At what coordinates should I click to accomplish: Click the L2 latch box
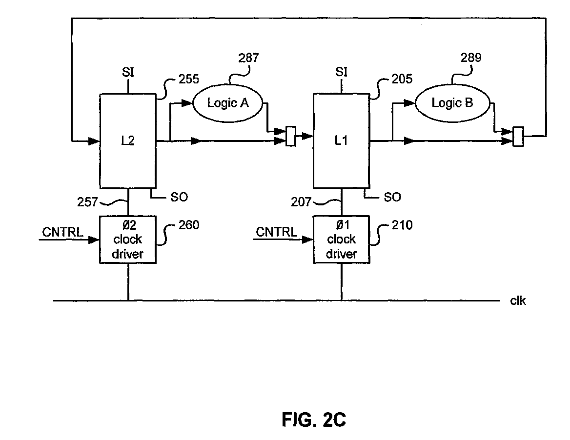pyautogui.click(x=127, y=141)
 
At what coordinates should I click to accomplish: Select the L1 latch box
pyautogui.click(x=341, y=140)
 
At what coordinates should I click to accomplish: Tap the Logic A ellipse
pyautogui.click(x=227, y=103)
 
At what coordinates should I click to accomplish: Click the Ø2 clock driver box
pyautogui.click(x=127, y=240)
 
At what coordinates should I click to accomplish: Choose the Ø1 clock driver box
pyautogui.click(x=341, y=240)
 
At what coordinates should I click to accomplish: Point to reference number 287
pyautogui.click(x=248, y=58)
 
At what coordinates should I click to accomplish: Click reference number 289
pyautogui.click(x=471, y=58)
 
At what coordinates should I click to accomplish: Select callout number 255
pyautogui.click(x=189, y=79)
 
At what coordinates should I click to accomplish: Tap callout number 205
pyautogui.click(x=402, y=79)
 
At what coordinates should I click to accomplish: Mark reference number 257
pyautogui.click(x=87, y=201)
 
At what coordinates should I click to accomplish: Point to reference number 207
pyautogui.click(x=301, y=201)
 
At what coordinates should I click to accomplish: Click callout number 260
pyautogui.click(x=189, y=225)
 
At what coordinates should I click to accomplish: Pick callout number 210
pyautogui.click(x=402, y=225)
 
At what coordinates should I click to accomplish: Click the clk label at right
pyautogui.click(x=518, y=300)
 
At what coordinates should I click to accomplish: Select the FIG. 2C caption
pyautogui.click(x=314, y=420)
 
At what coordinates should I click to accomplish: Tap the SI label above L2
pyautogui.click(x=128, y=72)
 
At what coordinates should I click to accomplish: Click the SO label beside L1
pyautogui.click(x=392, y=197)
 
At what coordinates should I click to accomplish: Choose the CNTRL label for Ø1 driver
pyautogui.click(x=276, y=232)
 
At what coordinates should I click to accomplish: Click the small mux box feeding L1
pyautogui.click(x=291, y=136)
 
